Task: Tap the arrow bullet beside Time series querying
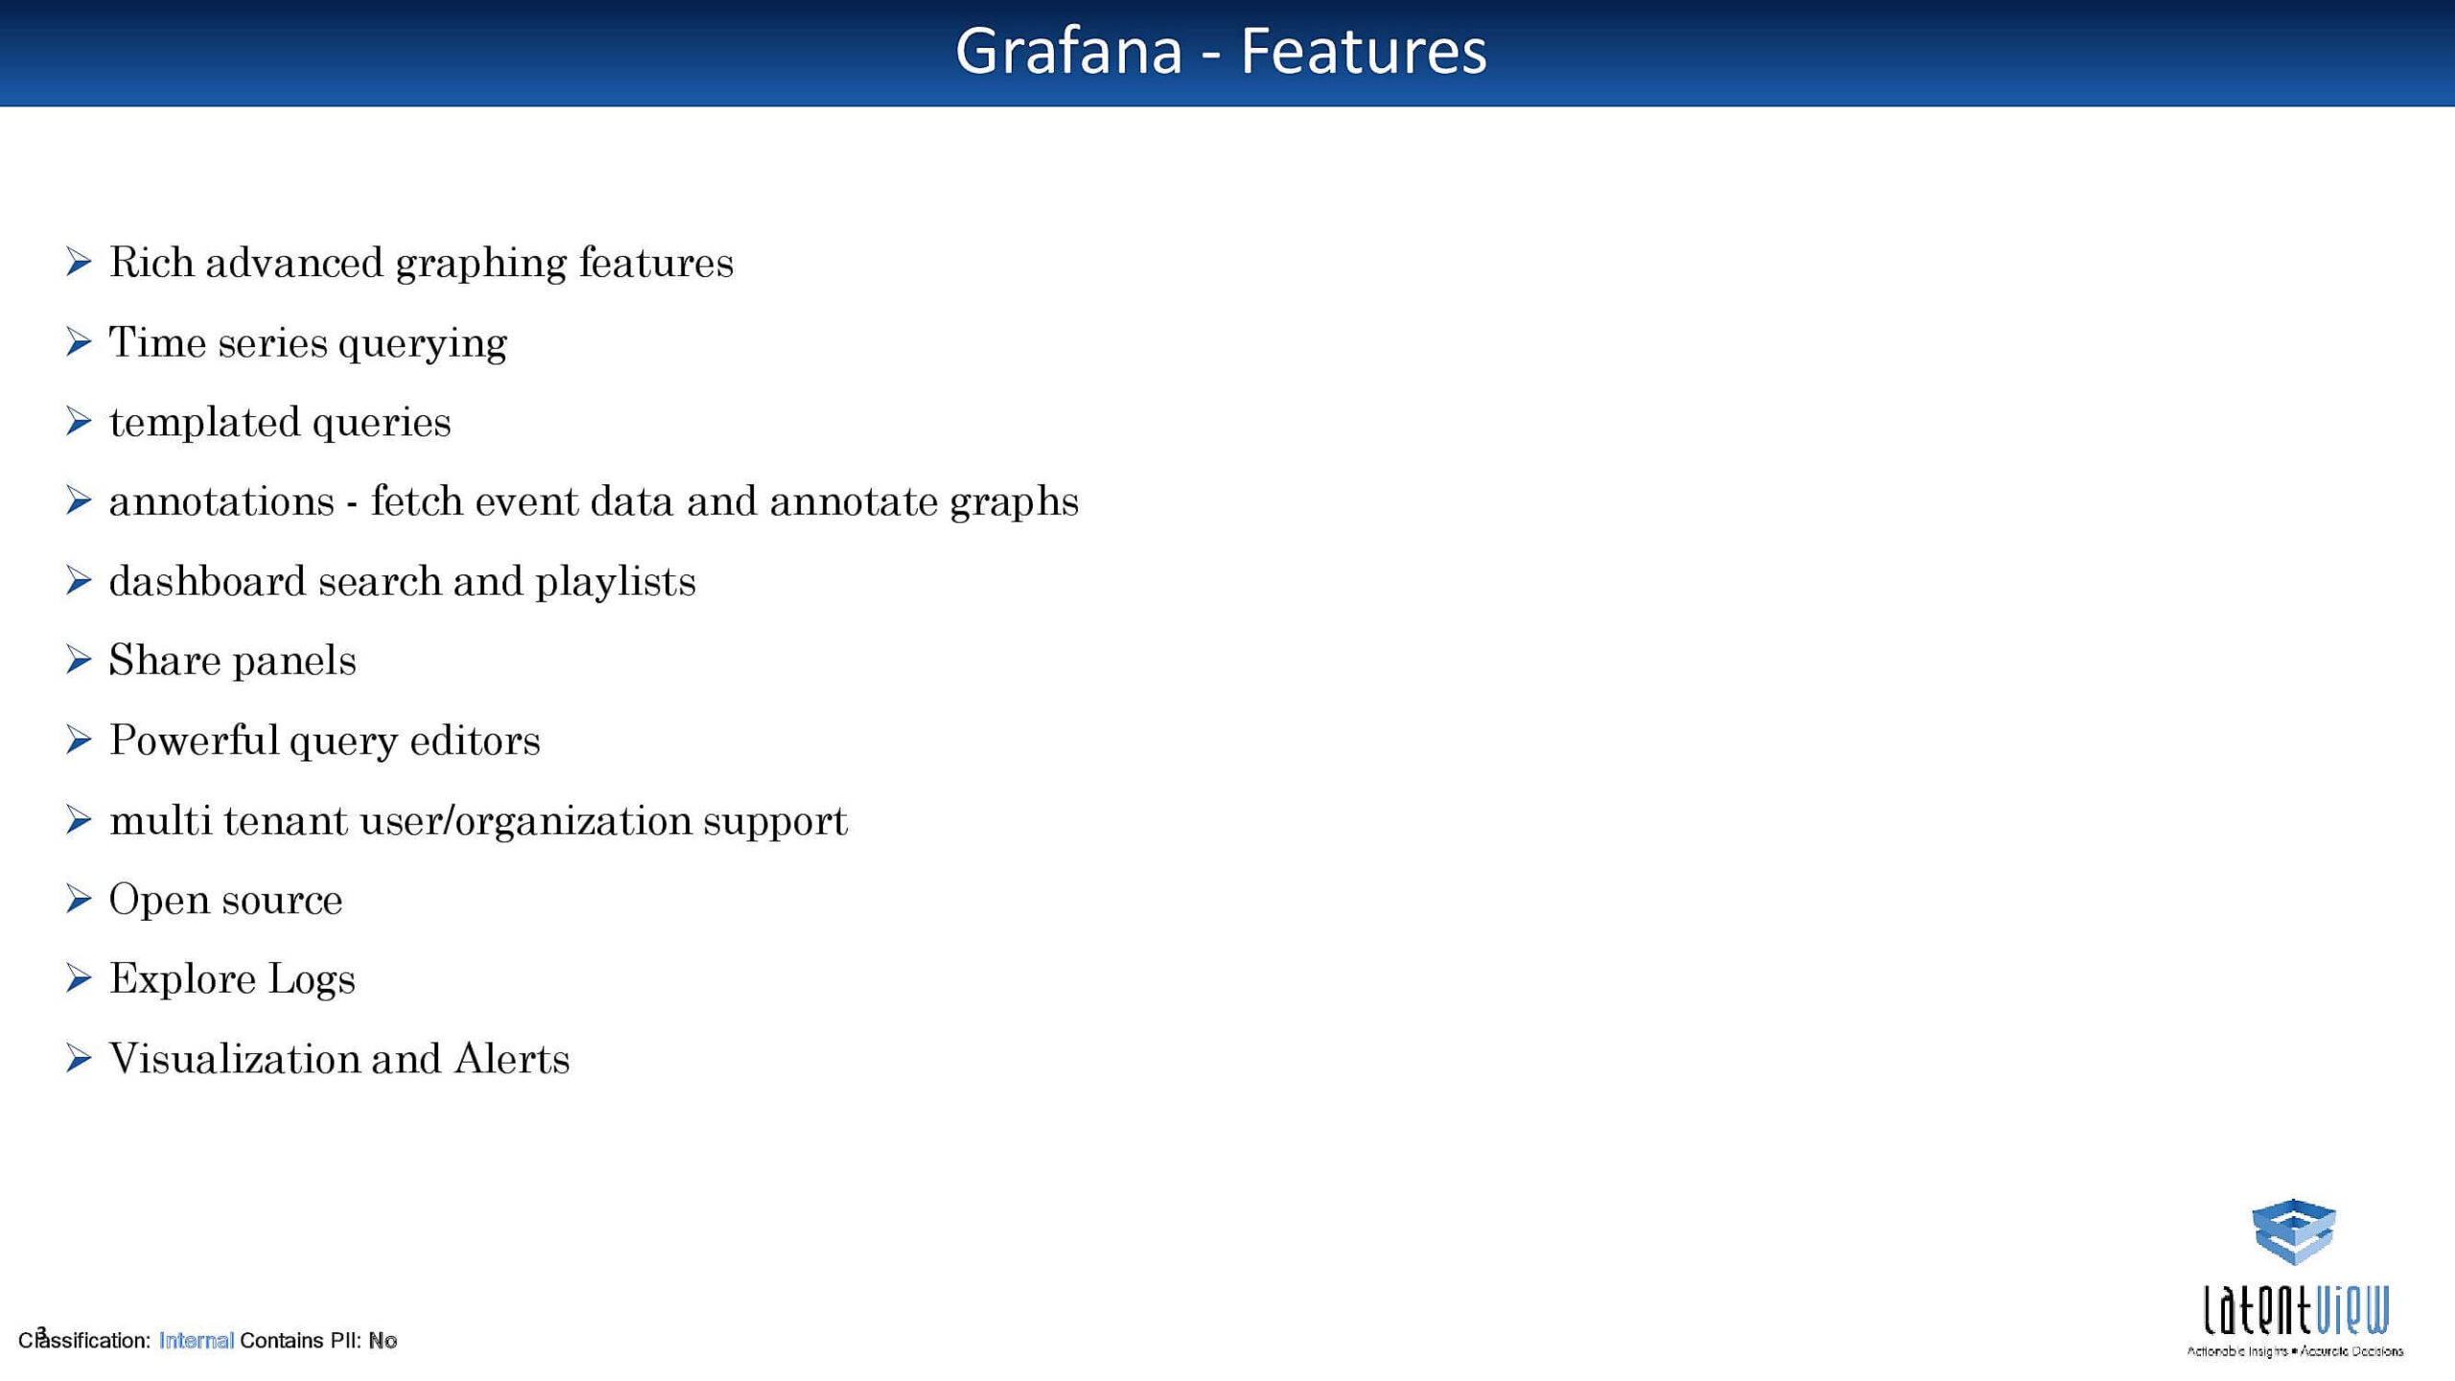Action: coord(79,341)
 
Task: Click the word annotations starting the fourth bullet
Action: coord(222,502)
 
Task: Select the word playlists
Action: coord(615,582)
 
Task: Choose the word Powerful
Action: coord(194,739)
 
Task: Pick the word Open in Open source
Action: coord(158,901)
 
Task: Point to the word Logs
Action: coord(311,980)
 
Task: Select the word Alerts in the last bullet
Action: coord(511,1059)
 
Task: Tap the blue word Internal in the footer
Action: coord(196,1341)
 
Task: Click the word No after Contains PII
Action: coord(383,1341)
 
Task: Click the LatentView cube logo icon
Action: coord(2293,1231)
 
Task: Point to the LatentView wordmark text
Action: coord(2296,1310)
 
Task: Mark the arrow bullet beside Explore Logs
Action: coord(79,978)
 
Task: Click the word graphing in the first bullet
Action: coord(480,264)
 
